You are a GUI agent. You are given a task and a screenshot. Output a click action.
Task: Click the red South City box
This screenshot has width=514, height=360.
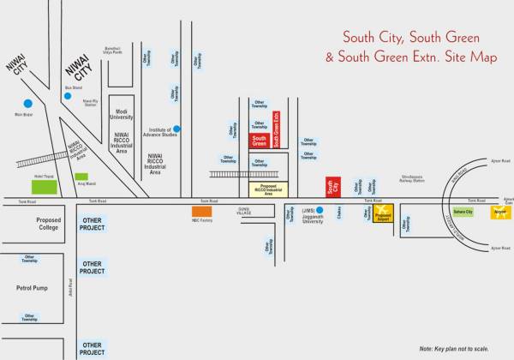click(332, 188)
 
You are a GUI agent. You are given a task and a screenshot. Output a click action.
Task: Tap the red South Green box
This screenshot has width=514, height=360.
click(259, 140)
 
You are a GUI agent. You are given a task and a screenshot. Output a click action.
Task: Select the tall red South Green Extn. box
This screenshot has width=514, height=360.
click(276, 129)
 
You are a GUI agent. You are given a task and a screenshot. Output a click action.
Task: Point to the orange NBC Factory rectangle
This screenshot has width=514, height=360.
click(201, 211)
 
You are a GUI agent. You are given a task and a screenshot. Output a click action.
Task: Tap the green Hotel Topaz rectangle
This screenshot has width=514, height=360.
click(43, 184)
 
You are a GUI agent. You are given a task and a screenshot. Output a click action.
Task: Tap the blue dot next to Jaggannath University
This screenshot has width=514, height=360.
click(320, 210)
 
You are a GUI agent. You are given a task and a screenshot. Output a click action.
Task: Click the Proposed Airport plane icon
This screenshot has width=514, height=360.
click(383, 211)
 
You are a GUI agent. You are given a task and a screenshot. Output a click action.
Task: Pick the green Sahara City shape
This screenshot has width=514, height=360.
click(464, 212)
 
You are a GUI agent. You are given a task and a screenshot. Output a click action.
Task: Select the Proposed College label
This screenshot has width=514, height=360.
click(48, 225)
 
